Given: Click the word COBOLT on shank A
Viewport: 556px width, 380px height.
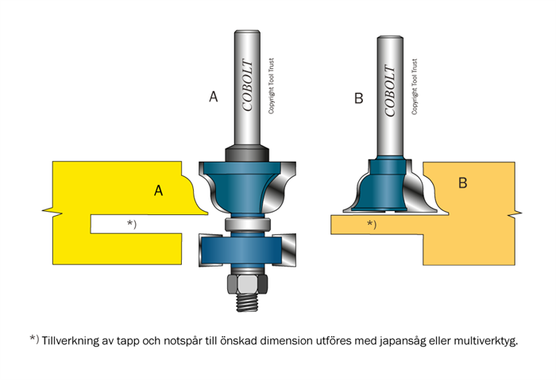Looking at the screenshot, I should (248, 87).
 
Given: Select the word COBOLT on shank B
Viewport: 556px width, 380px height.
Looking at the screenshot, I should (390, 89).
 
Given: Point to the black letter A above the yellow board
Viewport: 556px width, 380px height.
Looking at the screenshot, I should (213, 97).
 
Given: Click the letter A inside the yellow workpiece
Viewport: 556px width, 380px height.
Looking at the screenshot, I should (159, 190).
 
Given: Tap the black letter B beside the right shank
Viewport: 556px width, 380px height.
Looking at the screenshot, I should (358, 98).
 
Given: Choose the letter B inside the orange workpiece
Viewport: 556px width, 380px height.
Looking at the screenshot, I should (463, 183).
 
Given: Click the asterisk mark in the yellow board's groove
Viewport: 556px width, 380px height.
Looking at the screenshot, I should (132, 225).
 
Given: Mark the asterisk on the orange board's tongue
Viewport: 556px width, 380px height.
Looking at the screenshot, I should (371, 225).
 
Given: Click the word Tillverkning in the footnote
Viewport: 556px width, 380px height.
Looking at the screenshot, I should (73, 340).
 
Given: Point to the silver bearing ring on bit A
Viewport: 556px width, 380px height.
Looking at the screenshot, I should (242, 225).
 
